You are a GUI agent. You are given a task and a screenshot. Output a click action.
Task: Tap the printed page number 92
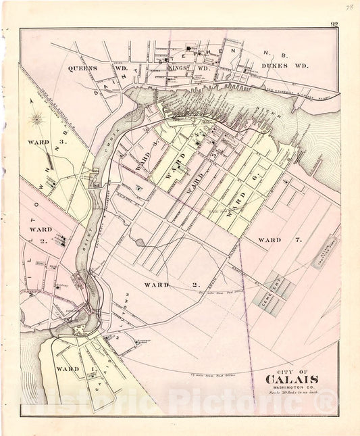click(334, 25)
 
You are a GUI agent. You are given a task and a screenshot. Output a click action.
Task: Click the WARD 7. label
click(279, 241)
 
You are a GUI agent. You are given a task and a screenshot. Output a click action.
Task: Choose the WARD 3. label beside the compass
click(39, 143)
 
